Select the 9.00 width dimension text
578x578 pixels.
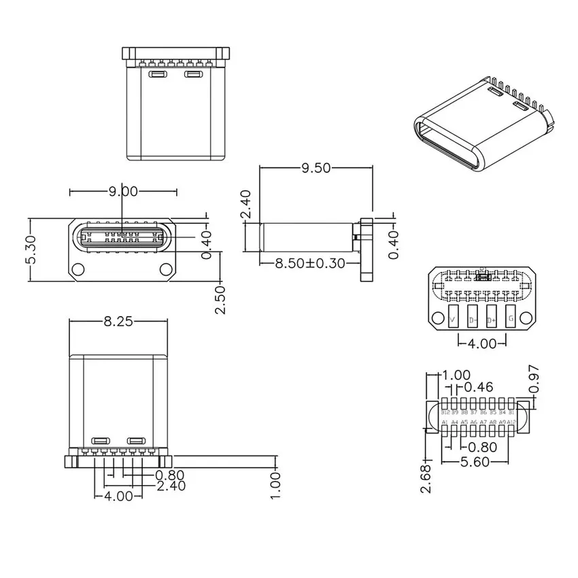(x=124, y=192)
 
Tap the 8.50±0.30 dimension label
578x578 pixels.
(x=309, y=262)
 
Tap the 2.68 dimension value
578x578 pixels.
(x=425, y=479)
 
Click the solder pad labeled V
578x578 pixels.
(x=453, y=318)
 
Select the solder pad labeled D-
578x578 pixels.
(x=472, y=318)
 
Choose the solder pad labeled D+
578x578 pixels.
(x=491, y=318)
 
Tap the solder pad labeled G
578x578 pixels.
(x=510, y=318)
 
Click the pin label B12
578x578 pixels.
(x=445, y=412)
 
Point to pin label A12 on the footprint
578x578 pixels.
(x=512, y=423)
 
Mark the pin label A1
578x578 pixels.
(x=445, y=423)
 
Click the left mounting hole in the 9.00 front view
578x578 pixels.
(x=79, y=269)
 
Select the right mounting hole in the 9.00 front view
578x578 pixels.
(x=166, y=269)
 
